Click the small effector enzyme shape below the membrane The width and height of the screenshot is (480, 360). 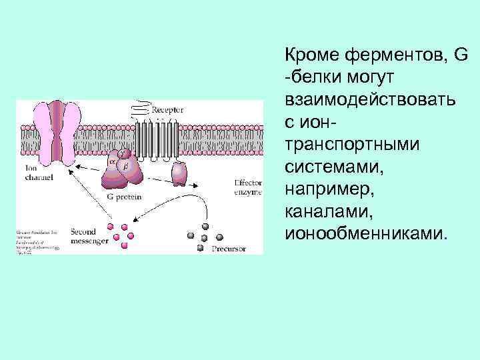point(179,174)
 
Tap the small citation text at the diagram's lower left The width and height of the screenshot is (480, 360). point(33,241)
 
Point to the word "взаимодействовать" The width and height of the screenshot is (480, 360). point(371,99)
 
